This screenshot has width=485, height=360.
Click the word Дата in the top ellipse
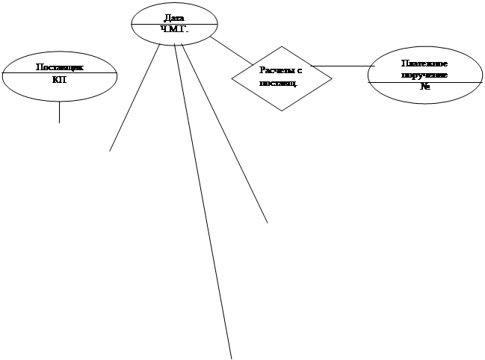click(174, 16)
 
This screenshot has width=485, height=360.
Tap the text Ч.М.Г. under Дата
click(174, 29)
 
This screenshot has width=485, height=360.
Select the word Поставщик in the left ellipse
click(60, 67)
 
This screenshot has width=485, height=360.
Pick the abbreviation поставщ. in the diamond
click(278, 82)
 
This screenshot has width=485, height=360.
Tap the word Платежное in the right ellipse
click(424, 63)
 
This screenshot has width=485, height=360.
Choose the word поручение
click(424, 75)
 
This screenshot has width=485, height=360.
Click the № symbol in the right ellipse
click(424, 87)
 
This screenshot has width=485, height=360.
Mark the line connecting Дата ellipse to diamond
click(232, 50)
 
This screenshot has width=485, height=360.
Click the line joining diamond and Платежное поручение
click(344, 66)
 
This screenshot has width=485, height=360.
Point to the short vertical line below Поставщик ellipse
click(59, 112)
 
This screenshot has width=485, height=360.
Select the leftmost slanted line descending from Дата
click(135, 97)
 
